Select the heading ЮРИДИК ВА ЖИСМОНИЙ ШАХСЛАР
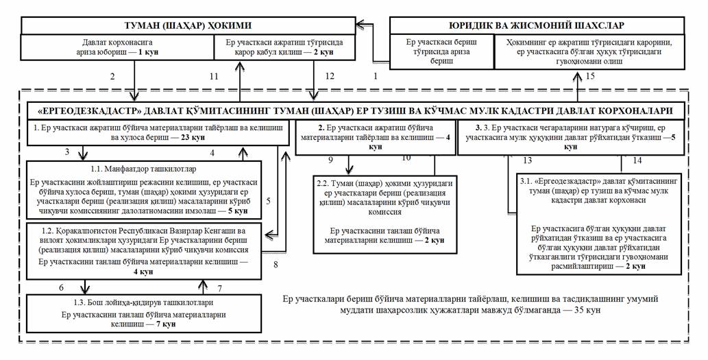537,25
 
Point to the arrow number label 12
330,76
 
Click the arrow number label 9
330,159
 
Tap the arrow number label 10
406,158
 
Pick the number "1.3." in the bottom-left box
96,302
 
